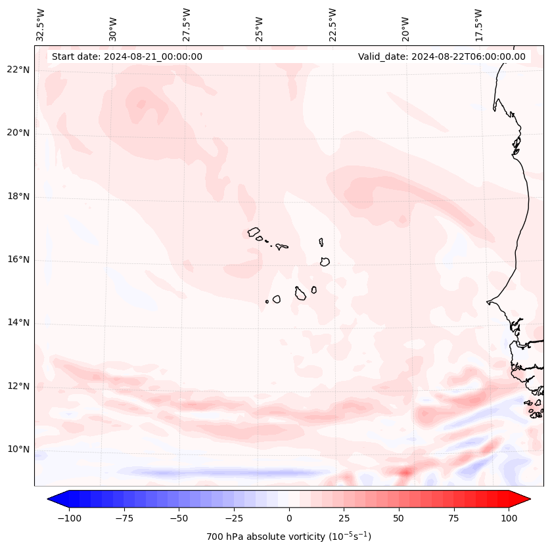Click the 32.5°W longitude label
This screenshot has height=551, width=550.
pyautogui.click(x=41, y=24)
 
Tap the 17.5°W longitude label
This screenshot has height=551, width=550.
pyautogui.click(x=478, y=24)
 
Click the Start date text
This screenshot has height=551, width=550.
pyautogui.click(x=127, y=56)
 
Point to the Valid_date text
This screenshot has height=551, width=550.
pyautogui.click(x=442, y=56)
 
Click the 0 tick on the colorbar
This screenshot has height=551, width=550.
pyautogui.click(x=289, y=518)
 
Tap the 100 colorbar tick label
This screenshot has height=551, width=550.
pyautogui.click(x=509, y=518)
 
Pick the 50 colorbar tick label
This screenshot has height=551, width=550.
pyautogui.click(x=399, y=518)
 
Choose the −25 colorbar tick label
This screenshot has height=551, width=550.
pyautogui.click(x=234, y=518)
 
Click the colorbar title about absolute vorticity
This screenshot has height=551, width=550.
pyautogui.click(x=288, y=537)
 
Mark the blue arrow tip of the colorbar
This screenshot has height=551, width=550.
pyautogui.click(x=49, y=498)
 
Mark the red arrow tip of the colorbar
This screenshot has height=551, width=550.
pyautogui.click(x=529, y=498)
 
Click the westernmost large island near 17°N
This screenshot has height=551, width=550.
pyautogui.click(x=254, y=232)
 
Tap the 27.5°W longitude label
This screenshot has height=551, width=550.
pyautogui.click(x=187, y=24)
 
